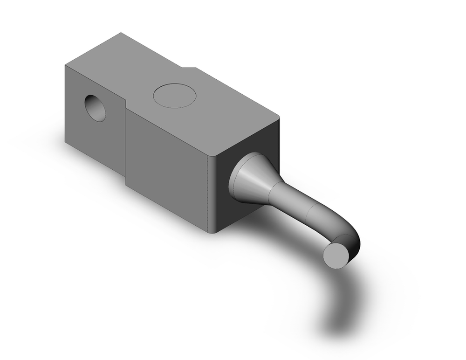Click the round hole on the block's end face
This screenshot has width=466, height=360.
pos(96,107)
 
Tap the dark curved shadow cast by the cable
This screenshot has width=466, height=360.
pos(340,303)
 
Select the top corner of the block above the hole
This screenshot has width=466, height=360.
pos(65,65)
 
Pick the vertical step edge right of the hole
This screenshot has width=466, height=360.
pos(126,140)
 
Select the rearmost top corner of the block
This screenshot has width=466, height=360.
pos(121,33)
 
